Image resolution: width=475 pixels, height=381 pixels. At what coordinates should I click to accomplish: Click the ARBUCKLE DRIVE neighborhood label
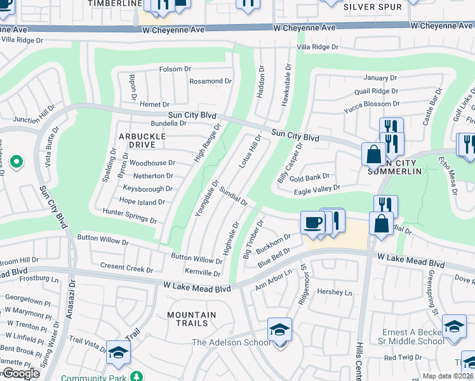pos(142,140)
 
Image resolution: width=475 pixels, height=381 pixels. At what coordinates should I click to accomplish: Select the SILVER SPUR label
pos(373,7)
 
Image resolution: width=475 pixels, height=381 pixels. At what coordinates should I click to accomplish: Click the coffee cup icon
pos(312,222)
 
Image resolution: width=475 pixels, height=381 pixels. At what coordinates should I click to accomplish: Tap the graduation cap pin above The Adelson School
pos(279,330)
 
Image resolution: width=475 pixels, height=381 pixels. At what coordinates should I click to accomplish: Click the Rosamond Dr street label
pos(211,81)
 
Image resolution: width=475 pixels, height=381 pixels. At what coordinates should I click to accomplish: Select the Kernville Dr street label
pos(204,273)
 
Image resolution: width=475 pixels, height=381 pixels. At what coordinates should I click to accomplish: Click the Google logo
pos(21,373)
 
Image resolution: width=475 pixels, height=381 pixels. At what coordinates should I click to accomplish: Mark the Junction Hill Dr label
pos(30,119)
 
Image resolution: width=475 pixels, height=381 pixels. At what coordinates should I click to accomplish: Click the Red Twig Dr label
pos(398,358)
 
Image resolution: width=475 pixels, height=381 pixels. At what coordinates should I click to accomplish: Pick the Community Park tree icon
pos(136,376)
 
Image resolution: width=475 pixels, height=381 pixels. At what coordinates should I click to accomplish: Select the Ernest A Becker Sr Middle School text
pos(413,337)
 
